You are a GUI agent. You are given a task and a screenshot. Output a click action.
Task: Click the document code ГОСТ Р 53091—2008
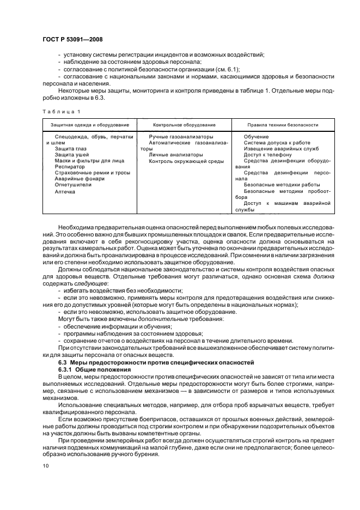pos(72,39)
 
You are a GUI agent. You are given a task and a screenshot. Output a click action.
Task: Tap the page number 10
pos(45,466)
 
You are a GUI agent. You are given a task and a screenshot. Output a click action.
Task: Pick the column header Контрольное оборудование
pos(184,125)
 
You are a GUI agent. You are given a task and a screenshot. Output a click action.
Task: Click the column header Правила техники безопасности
pos(283,125)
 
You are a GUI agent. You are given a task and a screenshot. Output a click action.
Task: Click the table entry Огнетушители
pos(73,185)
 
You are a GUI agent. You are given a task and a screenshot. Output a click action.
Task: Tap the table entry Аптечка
pos(65,192)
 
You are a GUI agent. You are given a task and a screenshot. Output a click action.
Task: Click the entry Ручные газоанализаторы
pos(181,137)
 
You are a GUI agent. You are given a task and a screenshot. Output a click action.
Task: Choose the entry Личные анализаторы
pos(176,155)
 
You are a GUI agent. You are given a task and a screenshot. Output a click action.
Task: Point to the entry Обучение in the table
pos(256,137)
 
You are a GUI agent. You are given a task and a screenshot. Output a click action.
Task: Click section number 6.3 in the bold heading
pos(63,363)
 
